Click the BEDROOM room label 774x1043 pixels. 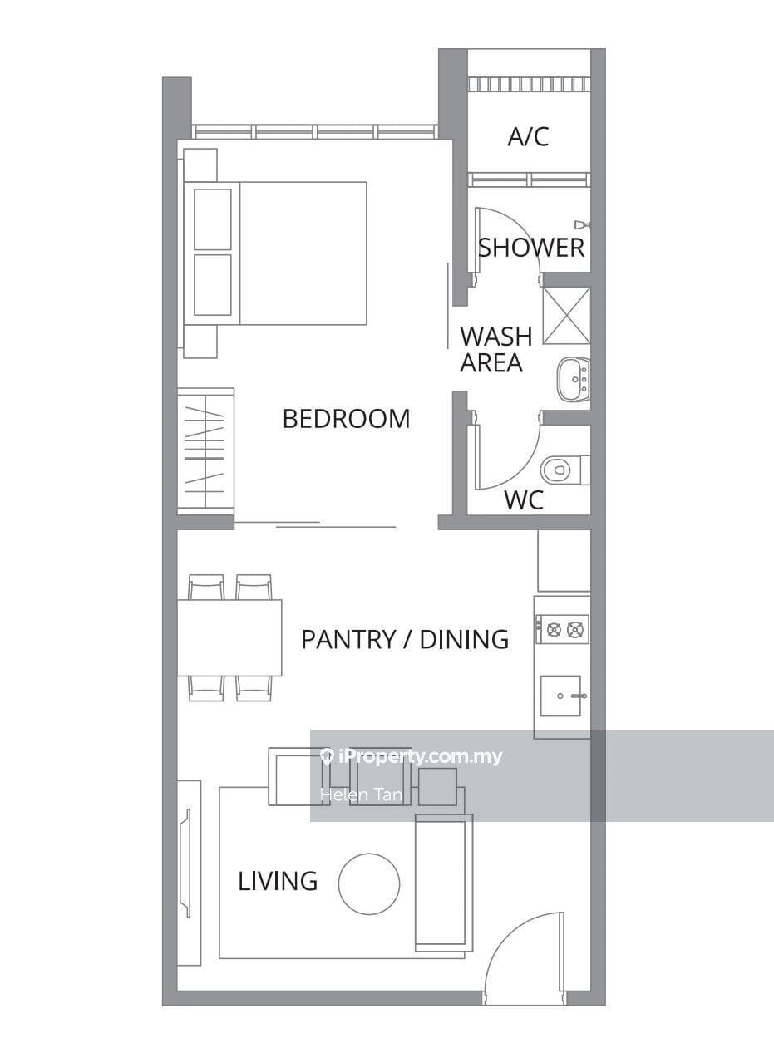tap(347, 419)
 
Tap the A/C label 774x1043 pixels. tap(528, 137)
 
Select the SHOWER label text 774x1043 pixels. tap(531, 248)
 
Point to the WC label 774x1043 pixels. tap(524, 500)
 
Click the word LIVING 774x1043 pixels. tap(278, 881)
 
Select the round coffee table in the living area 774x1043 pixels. tap(369, 884)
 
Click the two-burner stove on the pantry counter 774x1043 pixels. tap(562, 629)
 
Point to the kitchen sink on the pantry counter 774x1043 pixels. tap(560, 696)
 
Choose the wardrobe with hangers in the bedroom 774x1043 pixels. tap(205, 451)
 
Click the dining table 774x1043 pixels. tap(229, 637)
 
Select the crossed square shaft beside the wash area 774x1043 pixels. tap(566, 316)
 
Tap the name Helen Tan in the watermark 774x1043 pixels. tap(361, 795)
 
